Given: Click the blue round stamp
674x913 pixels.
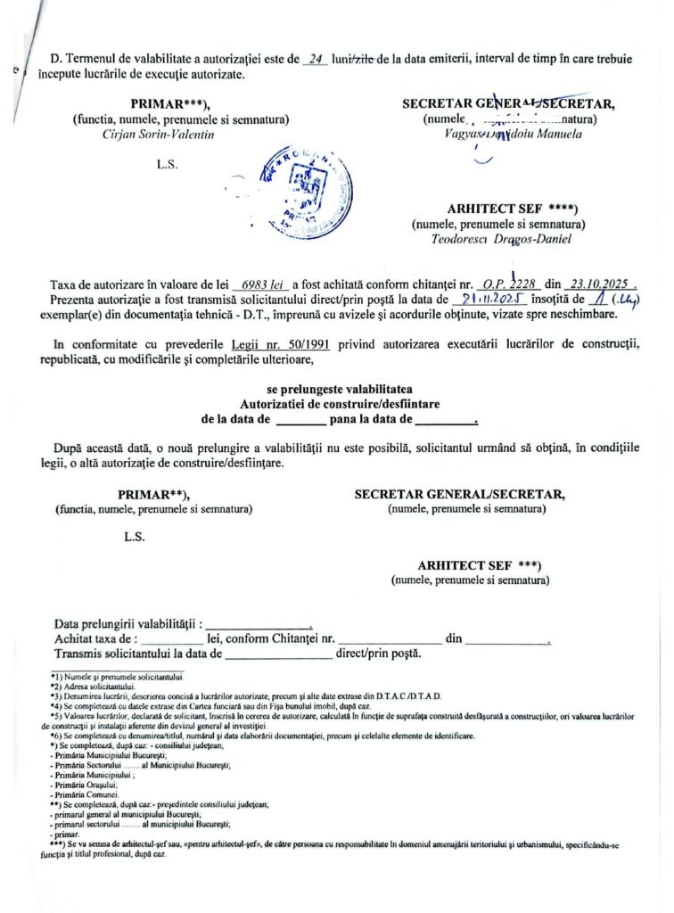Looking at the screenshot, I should click(x=302, y=191).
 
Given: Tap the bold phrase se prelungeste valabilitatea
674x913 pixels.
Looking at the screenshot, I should click(x=340, y=390).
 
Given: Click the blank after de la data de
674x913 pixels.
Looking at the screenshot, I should click(x=300, y=419).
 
